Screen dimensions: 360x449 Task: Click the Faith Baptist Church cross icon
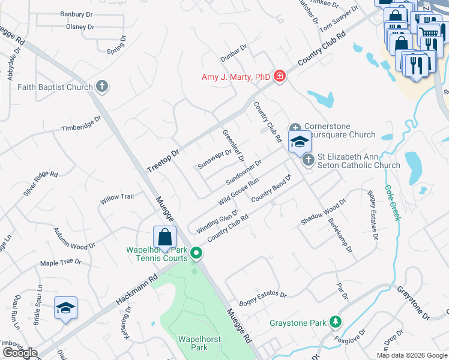tap(102, 86)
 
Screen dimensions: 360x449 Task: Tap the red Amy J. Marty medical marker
tap(279, 76)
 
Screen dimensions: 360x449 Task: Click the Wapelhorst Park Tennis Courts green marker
tap(196, 254)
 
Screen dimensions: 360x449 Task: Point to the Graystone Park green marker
tap(336, 322)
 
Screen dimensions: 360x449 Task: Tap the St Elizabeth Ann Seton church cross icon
tap(308, 160)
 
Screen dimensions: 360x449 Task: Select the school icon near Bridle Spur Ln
tap(65, 308)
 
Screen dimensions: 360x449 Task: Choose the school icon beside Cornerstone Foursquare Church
tap(300, 143)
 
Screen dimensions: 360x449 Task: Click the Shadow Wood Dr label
tap(324, 212)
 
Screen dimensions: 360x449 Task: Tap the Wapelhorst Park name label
tap(193, 343)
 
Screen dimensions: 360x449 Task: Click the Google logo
tap(20, 353)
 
